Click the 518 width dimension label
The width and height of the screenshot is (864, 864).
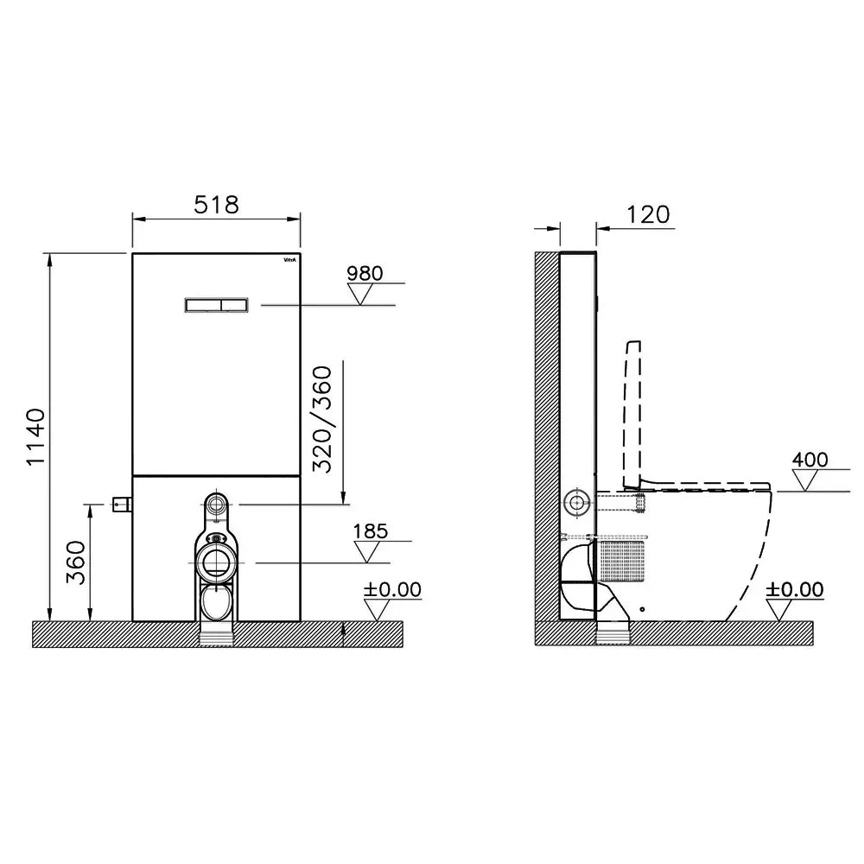tap(217, 205)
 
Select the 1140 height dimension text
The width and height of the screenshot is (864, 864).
tap(35, 437)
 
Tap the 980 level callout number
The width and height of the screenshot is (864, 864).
tap(365, 273)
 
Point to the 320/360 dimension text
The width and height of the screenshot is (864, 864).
tap(322, 419)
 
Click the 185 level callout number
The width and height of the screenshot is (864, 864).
tap(371, 531)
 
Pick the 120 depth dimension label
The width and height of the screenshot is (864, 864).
tap(648, 215)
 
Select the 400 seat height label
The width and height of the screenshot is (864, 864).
tap(810, 460)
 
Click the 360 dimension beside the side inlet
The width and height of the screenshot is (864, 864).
tap(76, 562)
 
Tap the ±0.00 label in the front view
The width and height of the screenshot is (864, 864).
tap(392, 589)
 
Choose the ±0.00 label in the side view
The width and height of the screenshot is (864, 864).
tap(795, 589)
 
